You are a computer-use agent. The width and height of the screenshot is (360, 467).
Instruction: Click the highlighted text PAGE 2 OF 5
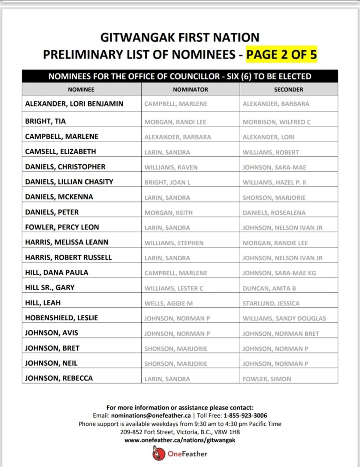281,55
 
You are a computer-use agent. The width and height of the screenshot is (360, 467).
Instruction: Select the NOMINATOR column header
190,90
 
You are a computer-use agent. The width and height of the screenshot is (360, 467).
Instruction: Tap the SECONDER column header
288,90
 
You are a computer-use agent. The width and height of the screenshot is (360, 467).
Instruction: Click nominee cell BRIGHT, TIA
45,121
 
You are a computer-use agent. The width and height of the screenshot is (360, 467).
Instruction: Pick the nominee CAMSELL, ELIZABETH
61,151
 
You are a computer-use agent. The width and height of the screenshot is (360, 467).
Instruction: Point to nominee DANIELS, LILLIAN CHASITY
69,182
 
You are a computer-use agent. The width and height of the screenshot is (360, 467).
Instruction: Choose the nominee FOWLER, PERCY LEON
62,227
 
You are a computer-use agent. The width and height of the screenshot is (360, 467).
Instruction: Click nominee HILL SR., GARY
50,287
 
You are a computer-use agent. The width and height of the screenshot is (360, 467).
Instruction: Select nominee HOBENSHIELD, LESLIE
62,318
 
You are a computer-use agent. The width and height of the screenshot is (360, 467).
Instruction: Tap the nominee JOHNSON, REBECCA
59,378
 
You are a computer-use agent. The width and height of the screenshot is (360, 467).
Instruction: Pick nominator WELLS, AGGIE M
168,303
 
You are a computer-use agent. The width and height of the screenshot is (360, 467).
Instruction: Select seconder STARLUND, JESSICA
271,303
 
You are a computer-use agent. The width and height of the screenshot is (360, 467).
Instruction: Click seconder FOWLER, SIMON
267,379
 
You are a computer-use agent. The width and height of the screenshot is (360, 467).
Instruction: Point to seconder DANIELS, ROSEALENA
274,213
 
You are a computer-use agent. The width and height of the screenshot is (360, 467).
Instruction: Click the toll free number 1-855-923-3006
245,415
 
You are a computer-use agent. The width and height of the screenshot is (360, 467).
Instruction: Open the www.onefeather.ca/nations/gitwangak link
180,440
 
